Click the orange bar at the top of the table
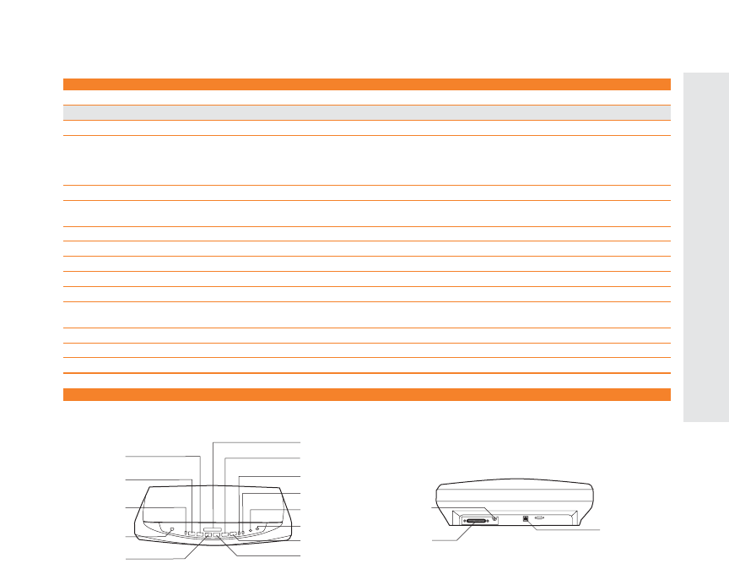click(x=367, y=84)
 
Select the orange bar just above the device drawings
click(x=367, y=394)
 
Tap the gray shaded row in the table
click(x=367, y=111)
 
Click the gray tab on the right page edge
click(x=706, y=245)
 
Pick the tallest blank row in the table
click(x=367, y=160)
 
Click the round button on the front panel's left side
click(x=171, y=529)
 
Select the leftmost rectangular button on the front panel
click(x=187, y=534)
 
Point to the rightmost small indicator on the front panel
click(x=258, y=529)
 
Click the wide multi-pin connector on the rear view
click(x=476, y=522)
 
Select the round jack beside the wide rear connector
click(x=494, y=518)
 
